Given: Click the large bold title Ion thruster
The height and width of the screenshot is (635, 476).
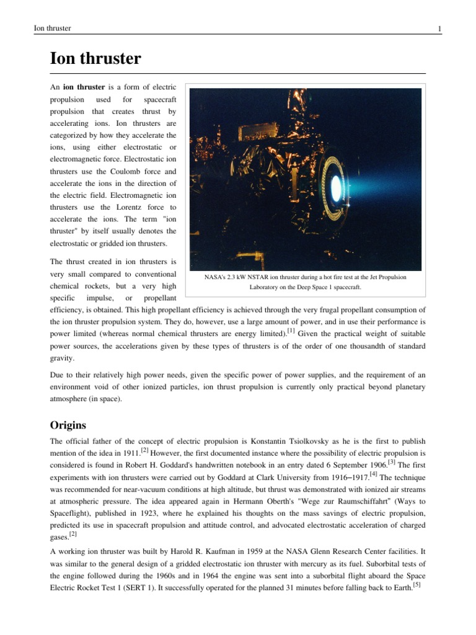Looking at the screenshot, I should coord(95,59).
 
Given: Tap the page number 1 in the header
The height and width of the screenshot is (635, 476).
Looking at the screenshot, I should coord(439,29).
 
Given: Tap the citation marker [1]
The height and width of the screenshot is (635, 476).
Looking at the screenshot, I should coord(291,332).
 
